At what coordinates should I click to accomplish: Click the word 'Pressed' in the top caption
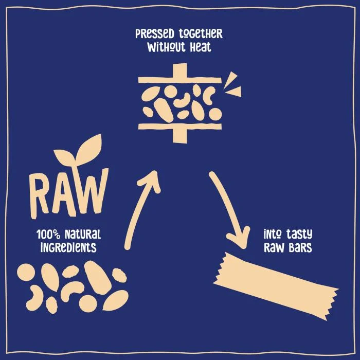click(155, 34)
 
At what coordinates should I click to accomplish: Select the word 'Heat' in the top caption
click(201, 47)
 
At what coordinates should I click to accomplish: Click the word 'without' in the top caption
click(166, 47)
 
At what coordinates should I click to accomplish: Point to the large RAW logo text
click(69, 194)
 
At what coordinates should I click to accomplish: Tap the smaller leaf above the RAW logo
click(65, 157)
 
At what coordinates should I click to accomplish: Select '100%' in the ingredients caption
click(48, 235)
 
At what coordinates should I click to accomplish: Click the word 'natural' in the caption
click(83, 235)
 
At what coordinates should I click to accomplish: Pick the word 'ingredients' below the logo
click(68, 247)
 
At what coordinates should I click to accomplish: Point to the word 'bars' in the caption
click(300, 247)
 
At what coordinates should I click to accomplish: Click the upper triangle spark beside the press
click(230, 79)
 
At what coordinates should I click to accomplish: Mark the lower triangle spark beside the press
click(234, 92)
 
